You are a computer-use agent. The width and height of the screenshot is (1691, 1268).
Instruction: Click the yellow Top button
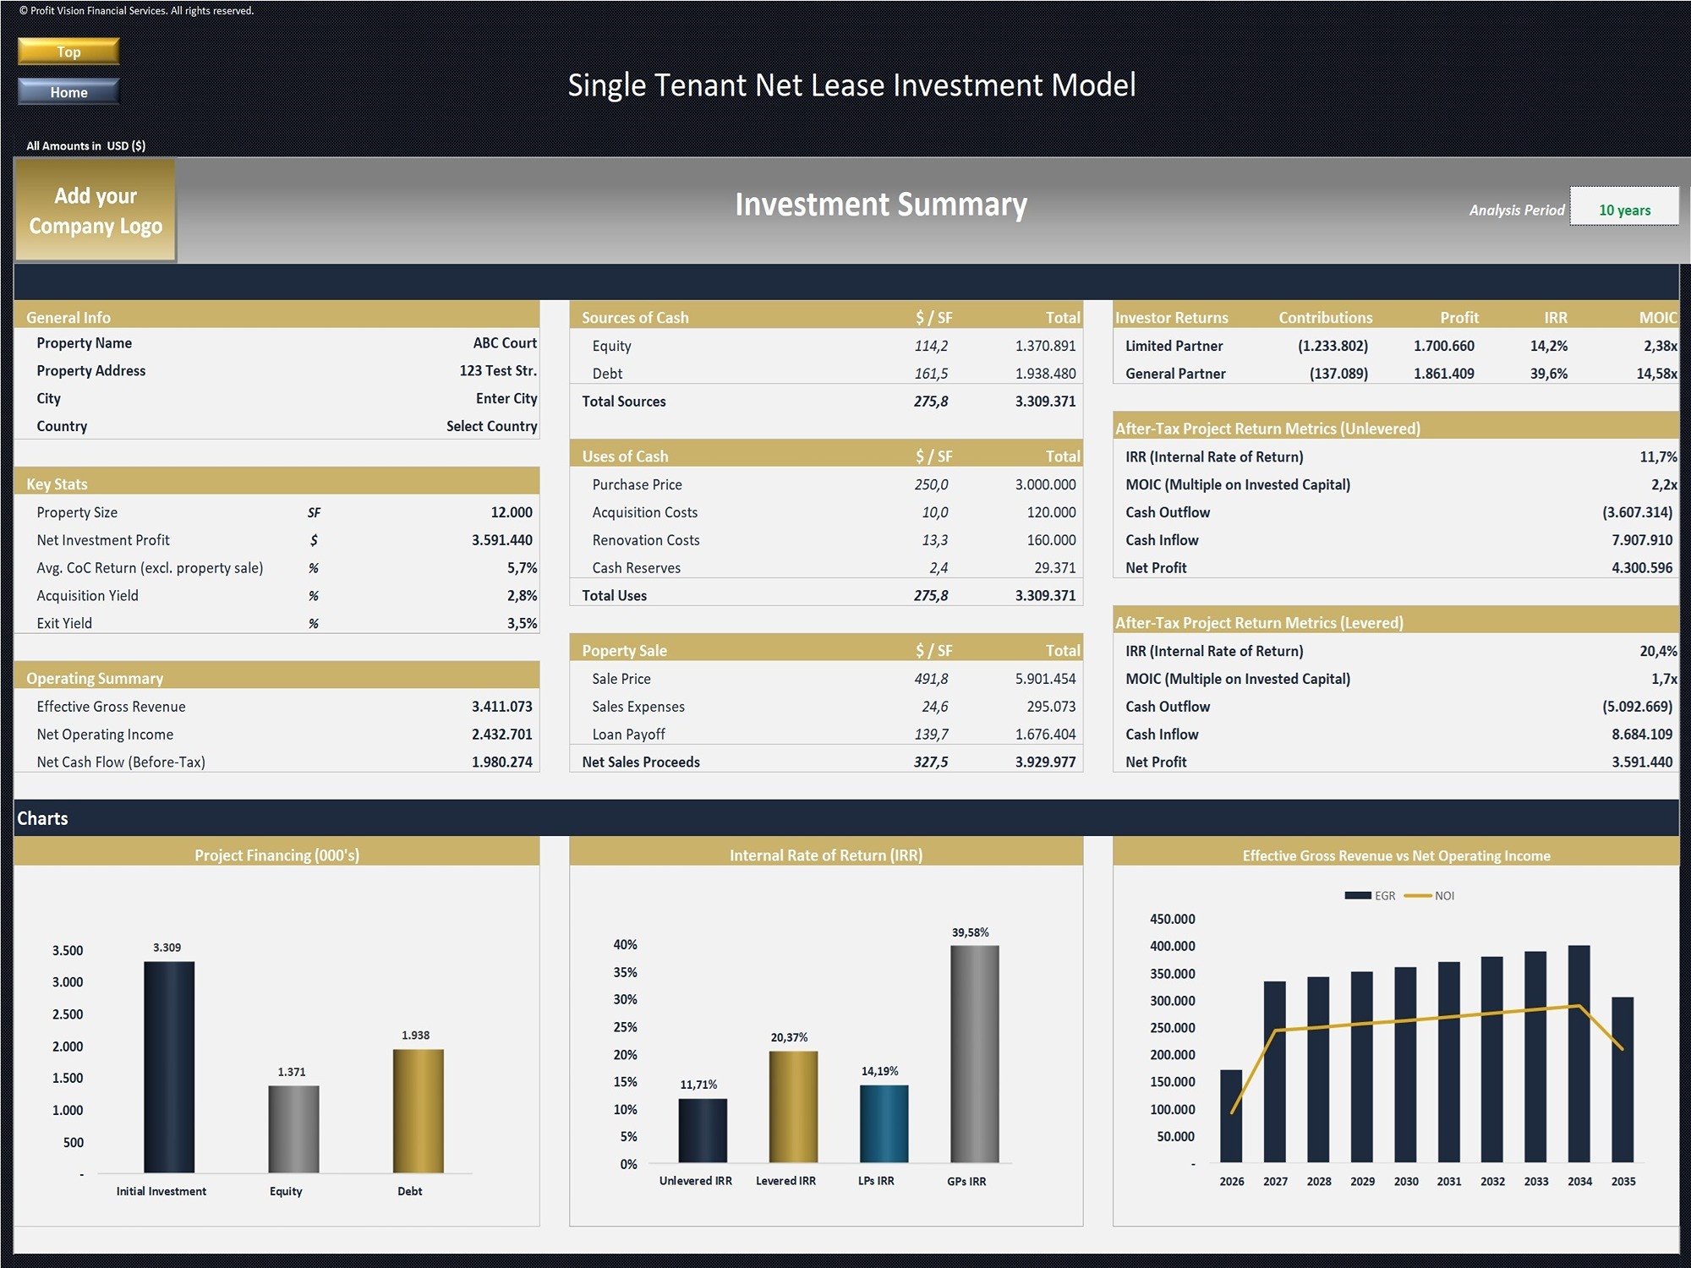(x=68, y=52)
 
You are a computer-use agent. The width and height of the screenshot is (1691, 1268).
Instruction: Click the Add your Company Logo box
(x=96, y=210)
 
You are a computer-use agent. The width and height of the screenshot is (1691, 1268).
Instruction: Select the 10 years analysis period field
(x=1623, y=210)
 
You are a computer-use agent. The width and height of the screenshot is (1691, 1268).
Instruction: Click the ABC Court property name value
(x=504, y=343)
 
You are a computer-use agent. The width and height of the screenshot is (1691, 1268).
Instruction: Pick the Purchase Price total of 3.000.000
(x=1045, y=484)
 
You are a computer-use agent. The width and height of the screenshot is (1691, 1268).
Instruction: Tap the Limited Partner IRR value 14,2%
(x=1548, y=346)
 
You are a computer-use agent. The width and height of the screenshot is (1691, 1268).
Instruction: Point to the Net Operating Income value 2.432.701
(x=501, y=735)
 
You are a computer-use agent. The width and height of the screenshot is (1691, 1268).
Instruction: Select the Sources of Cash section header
(x=635, y=318)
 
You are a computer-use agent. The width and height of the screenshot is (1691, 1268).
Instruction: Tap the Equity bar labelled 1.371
(x=293, y=1129)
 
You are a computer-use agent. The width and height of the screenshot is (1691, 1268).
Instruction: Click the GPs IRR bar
(x=974, y=1054)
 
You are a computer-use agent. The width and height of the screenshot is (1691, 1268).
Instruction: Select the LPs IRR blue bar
(x=884, y=1123)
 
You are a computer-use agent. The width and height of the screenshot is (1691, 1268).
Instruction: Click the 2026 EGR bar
(x=1231, y=1116)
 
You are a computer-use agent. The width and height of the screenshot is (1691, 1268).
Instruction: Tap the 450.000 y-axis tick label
(x=1172, y=919)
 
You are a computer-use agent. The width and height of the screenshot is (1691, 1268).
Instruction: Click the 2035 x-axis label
(x=1623, y=1182)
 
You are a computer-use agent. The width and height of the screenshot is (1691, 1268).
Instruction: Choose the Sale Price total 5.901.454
(x=1045, y=679)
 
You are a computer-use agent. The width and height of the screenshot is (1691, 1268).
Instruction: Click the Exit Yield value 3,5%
(x=522, y=624)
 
